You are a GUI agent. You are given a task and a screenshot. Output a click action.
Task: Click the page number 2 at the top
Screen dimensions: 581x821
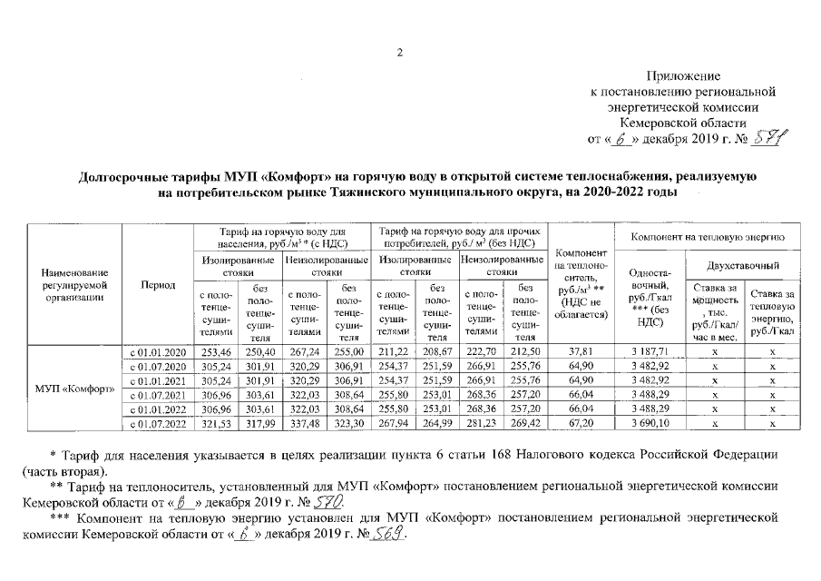(399, 52)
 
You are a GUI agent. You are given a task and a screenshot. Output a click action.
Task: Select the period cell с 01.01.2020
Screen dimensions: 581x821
(157, 351)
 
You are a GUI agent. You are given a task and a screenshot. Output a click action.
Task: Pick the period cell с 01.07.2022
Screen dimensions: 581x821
(157, 425)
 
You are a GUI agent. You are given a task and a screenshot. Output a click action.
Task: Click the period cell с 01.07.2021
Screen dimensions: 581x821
(157, 395)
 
